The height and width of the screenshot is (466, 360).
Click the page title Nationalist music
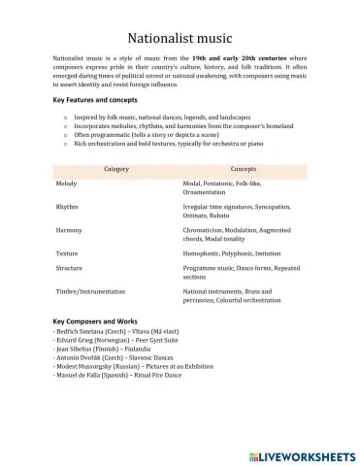[180, 35]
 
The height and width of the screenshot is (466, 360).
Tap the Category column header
[115, 169]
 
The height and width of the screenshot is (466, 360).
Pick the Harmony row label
[69, 230]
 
